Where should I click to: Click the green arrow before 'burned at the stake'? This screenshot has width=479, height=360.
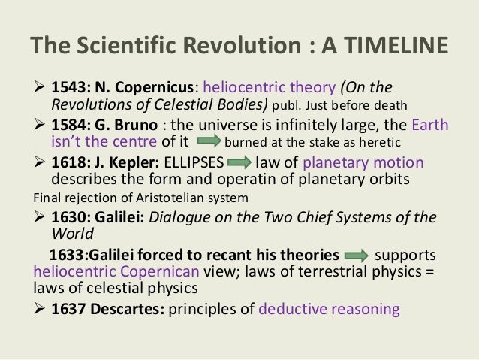(x=208, y=141)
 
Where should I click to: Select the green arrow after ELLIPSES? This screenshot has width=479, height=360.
(x=239, y=162)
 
